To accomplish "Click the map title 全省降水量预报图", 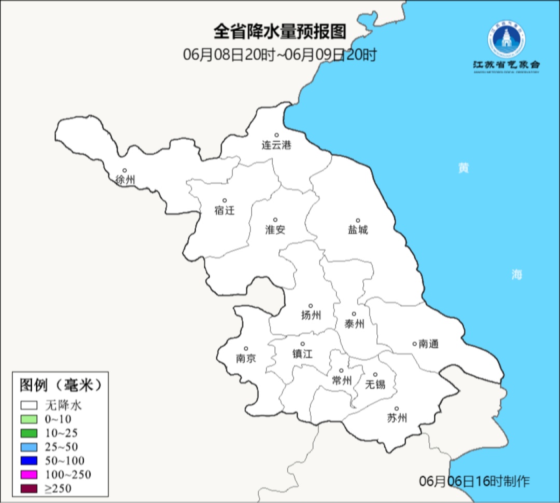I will point(279,32).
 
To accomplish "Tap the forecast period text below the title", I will point(279,55).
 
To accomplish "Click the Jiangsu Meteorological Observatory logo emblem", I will point(506,39).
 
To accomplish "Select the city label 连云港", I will point(276,145).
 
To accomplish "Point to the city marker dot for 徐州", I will point(124,170).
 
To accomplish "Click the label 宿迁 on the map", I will point(225,210).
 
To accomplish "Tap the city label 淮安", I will point(275,229).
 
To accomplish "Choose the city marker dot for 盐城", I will point(357,220).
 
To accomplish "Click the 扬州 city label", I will point(311,315).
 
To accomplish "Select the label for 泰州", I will point(354,324).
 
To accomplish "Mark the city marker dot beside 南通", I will point(414,343).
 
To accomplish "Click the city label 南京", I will point(246,358).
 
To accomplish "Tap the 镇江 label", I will point(303,354).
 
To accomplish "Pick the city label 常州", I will point(342,380).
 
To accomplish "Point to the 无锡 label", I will point(375,384).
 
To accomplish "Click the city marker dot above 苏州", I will point(396,409).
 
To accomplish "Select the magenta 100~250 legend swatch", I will point(29,474).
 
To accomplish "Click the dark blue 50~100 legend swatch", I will point(29,460).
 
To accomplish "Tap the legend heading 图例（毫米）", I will point(59,385).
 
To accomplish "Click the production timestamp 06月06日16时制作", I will point(474,481).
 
